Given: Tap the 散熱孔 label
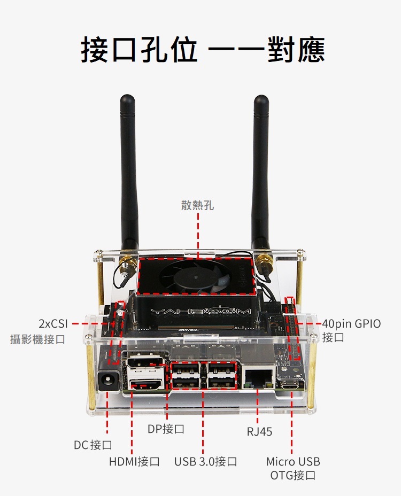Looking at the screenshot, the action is click(x=197, y=205).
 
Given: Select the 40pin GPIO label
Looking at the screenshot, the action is click(x=351, y=324).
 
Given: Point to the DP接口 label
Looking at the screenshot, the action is click(x=166, y=429).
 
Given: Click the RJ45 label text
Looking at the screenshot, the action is click(x=259, y=431).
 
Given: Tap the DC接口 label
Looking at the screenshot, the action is click(x=93, y=445).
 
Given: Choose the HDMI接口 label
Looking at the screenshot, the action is click(x=134, y=461).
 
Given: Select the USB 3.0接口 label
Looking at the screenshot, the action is click(x=205, y=461).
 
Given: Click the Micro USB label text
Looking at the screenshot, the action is click(x=293, y=461).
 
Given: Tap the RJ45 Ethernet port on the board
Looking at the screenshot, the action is click(x=258, y=380).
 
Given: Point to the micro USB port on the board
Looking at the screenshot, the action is click(x=292, y=384).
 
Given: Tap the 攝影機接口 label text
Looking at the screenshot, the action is click(x=37, y=339).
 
